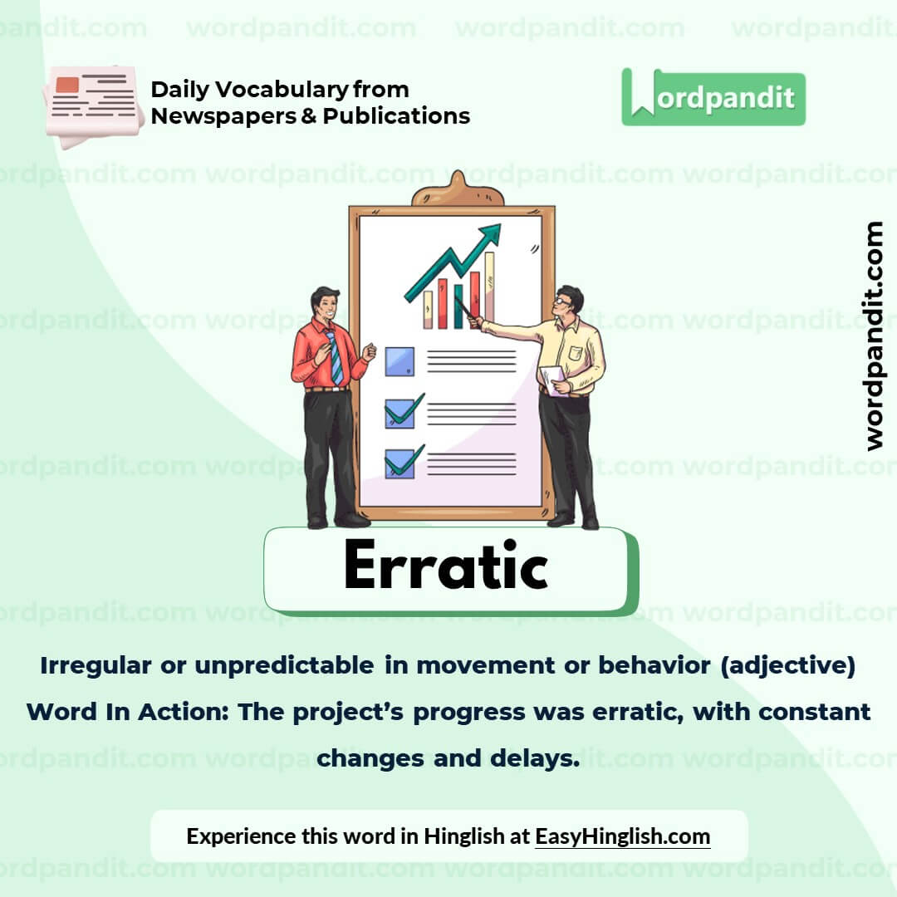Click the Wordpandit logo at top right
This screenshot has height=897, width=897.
click(x=713, y=98)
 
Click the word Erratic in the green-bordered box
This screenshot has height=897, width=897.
click(x=445, y=567)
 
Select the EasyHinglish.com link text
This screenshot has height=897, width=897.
click(x=622, y=836)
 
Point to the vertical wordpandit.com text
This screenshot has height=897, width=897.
click(x=873, y=336)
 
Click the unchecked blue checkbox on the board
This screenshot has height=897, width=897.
click(x=399, y=361)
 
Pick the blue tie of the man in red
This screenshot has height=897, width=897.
click(x=335, y=357)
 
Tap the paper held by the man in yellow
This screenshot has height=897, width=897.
click(x=551, y=379)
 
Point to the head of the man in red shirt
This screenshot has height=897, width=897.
click(x=325, y=302)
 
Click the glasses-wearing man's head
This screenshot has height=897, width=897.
click(x=569, y=300)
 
